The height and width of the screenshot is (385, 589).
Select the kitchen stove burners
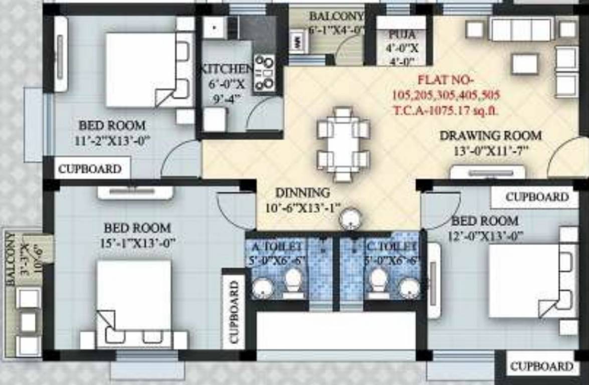(264, 74)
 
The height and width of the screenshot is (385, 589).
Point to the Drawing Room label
(490, 135)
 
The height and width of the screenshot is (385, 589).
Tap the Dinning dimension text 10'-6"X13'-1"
(302, 207)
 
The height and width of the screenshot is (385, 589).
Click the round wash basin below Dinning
(350, 219)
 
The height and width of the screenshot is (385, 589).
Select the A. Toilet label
(277, 247)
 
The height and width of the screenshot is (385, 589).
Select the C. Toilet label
(391, 247)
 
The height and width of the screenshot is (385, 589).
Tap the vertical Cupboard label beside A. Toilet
(234, 311)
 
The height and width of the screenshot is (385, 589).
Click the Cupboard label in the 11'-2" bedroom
(90, 169)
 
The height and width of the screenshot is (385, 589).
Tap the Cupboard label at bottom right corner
(541, 366)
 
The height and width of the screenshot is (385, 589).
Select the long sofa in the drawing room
(521, 30)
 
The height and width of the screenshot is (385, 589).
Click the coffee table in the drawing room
(524, 64)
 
